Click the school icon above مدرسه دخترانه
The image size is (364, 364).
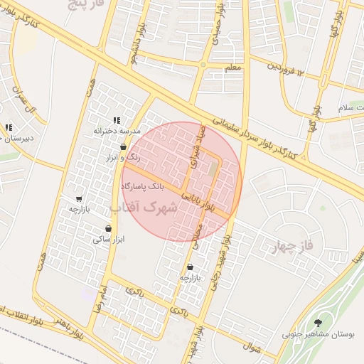pyautogui.click(x=117, y=121)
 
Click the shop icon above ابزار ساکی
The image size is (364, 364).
pyautogui.click(x=108, y=229)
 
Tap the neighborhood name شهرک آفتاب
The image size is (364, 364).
pyautogui.click(x=143, y=207)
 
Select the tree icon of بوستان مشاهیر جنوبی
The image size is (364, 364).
pyautogui.click(x=318, y=323)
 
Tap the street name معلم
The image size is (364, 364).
pyautogui.click(x=232, y=68)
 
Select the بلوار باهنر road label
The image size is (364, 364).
pyautogui.click(x=71, y=329)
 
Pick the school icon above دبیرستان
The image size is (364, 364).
pyautogui.click(x=9, y=128)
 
